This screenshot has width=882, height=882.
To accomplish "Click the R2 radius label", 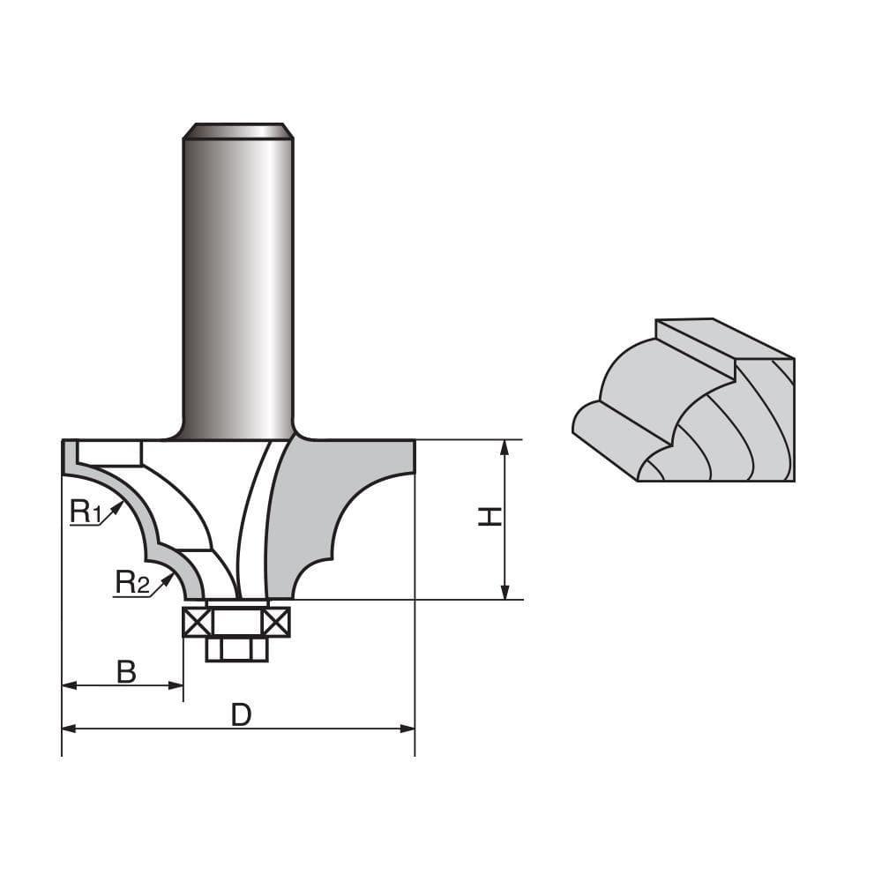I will [131, 581].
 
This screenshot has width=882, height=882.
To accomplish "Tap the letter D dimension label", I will [241, 715].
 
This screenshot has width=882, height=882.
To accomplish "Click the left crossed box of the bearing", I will [197, 623].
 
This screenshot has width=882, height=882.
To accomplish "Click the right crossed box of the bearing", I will [276, 623].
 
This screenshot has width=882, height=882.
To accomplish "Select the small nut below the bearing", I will [236, 649].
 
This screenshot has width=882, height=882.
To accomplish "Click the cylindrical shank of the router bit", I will [237, 282].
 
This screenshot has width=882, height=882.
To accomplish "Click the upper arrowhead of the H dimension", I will [505, 446].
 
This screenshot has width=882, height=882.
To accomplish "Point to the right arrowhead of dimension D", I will [407, 729].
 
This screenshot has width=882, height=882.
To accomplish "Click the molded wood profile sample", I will [697, 406].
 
